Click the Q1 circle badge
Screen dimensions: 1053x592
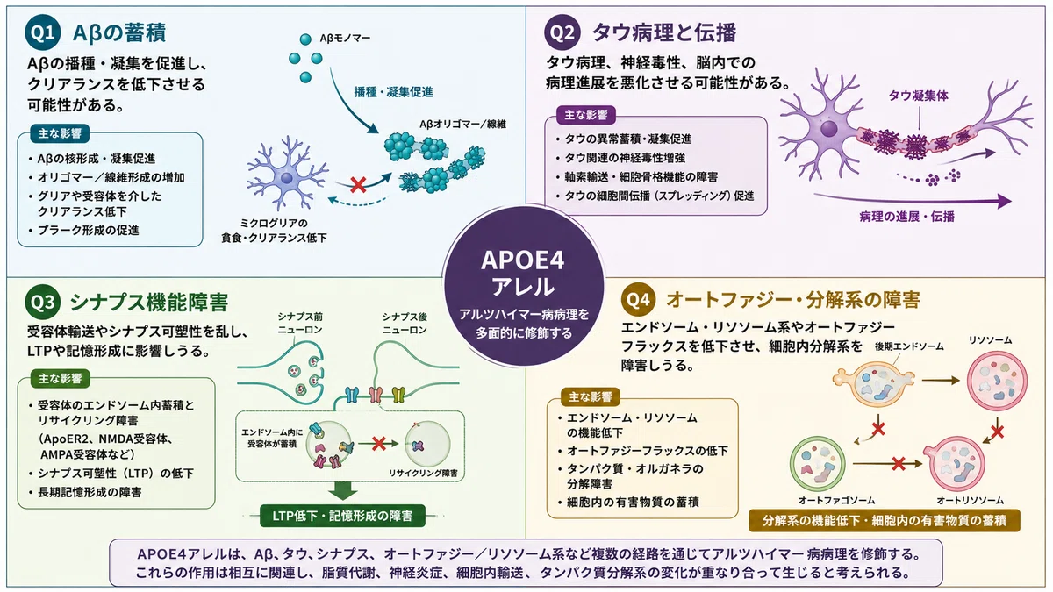(x=43, y=32)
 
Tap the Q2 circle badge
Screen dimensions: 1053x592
(x=562, y=32)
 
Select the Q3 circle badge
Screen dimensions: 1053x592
(x=43, y=302)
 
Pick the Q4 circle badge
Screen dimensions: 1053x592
(x=639, y=299)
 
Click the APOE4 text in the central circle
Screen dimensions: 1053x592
(x=523, y=260)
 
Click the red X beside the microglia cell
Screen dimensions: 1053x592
(x=358, y=185)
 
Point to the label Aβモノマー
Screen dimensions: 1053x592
(x=345, y=38)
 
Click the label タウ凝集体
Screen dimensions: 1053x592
(x=918, y=96)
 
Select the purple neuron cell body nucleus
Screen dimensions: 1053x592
(x=828, y=129)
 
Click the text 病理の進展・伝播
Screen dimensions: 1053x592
(x=906, y=217)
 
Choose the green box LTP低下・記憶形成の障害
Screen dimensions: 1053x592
(x=343, y=516)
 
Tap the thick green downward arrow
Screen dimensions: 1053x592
(x=343, y=491)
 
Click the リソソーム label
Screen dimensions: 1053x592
(x=991, y=339)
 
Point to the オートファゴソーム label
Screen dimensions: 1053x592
(x=836, y=501)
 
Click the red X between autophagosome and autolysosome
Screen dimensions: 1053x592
(x=899, y=464)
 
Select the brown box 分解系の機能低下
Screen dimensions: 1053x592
(x=885, y=521)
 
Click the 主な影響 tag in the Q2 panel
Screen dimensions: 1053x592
(x=586, y=115)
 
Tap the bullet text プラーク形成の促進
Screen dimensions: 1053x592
(x=89, y=230)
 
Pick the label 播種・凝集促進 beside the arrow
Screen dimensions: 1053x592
(x=393, y=92)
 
